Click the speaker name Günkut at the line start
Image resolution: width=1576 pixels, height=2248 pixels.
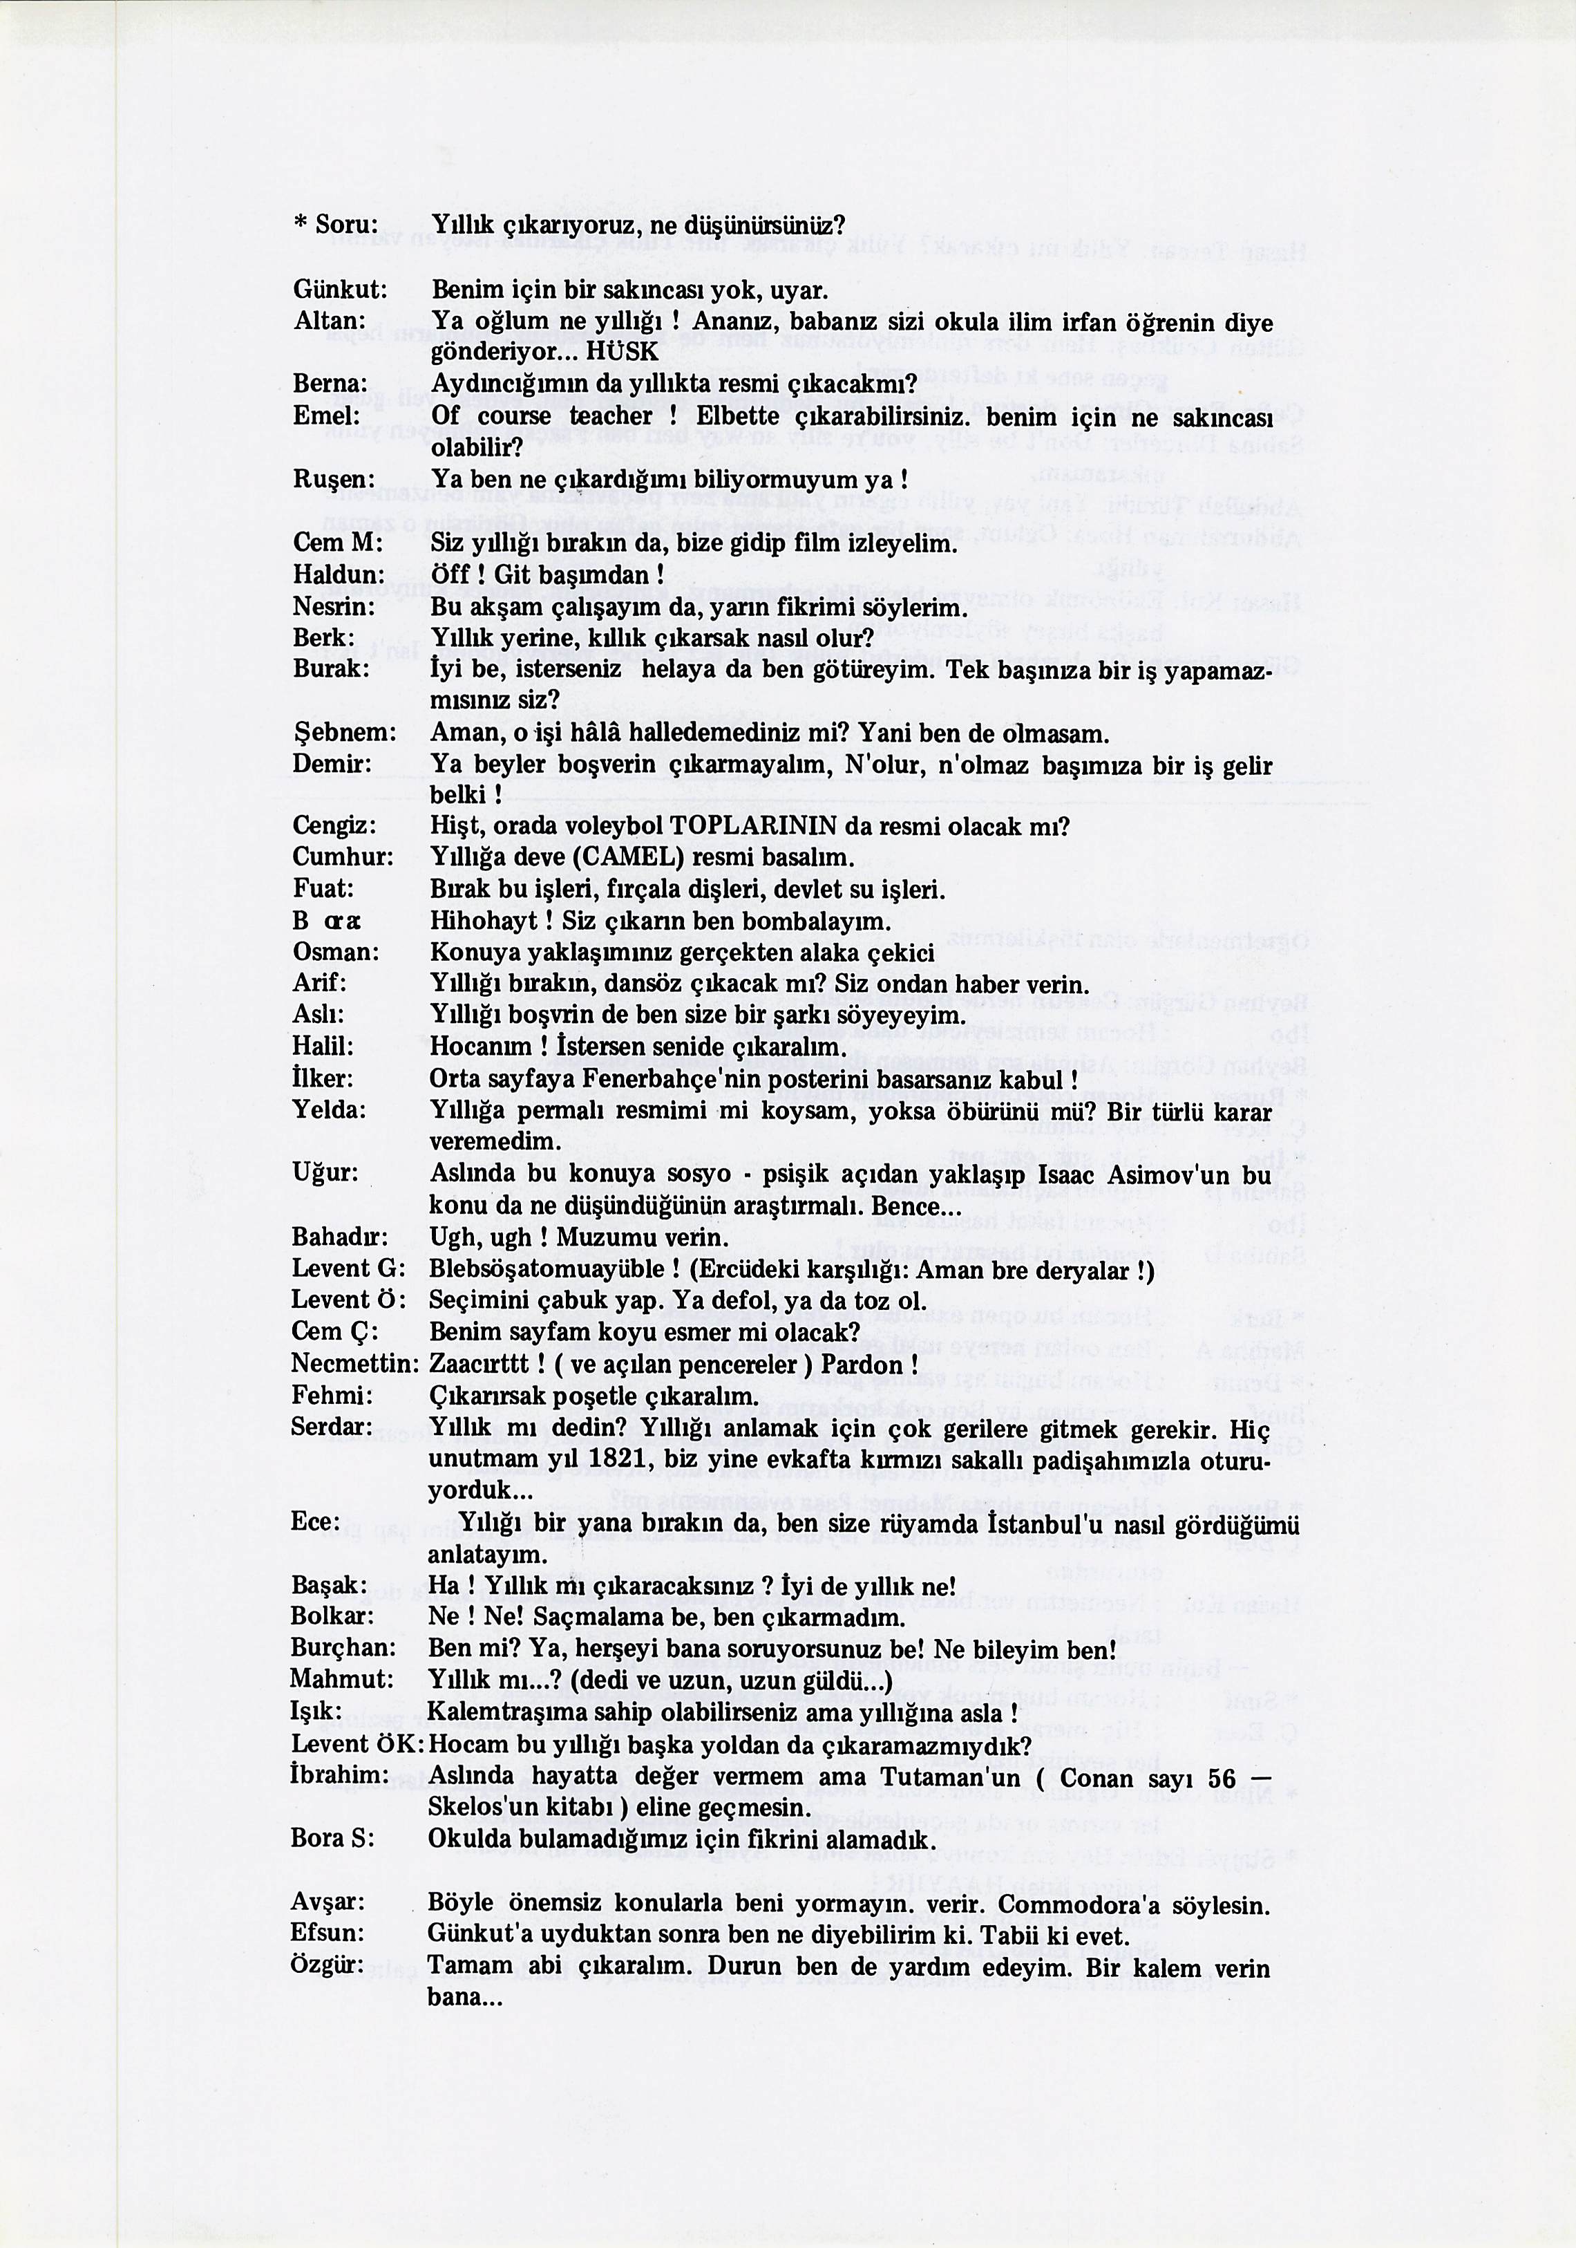tap(340, 291)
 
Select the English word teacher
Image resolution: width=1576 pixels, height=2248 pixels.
tap(611, 416)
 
